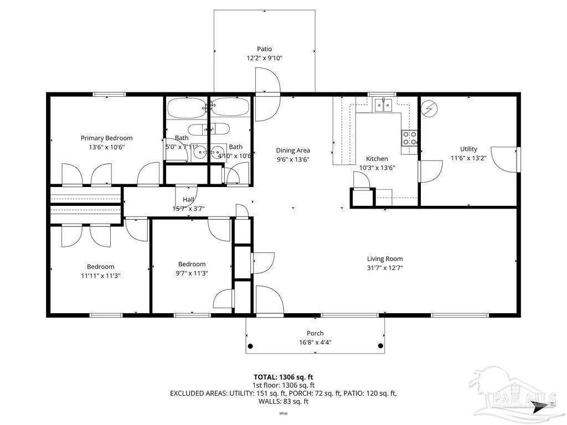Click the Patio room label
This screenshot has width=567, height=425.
click(x=264, y=49)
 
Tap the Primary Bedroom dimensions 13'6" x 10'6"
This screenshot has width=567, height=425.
click(x=106, y=147)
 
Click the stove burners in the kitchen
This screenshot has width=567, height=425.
click(x=410, y=138)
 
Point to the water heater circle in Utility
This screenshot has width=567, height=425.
click(x=429, y=108)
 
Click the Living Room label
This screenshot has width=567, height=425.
click(x=385, y=258)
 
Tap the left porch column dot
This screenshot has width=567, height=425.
click(x=250, y=346)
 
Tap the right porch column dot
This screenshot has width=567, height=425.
click(x=380, y=346)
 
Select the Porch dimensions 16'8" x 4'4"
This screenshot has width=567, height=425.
click(x=315, y=342)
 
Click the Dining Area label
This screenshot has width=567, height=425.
click(x=293, y=150)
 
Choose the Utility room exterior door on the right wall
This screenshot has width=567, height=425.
click(x=505, y=159)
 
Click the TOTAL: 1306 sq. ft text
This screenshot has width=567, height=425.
click(x=284, y=377)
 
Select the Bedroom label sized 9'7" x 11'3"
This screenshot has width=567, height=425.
click(x=192, y=264)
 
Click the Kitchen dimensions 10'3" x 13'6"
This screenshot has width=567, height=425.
click(x=377, y=168)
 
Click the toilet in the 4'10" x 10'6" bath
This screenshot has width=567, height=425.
click(x=217, y=129)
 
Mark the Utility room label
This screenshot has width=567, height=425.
click(x=468, y=149)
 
